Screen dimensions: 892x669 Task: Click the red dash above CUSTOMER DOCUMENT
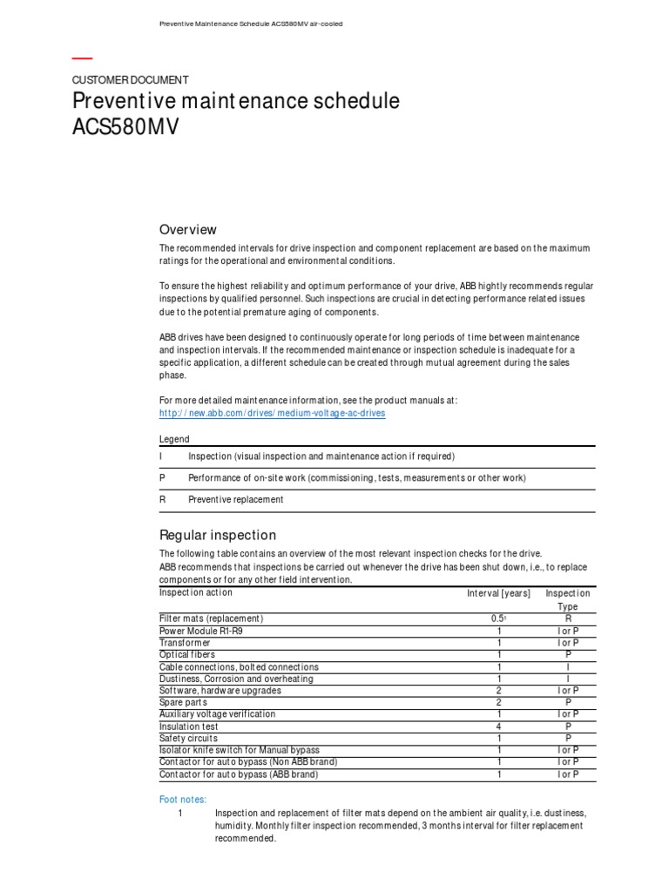point(82,59)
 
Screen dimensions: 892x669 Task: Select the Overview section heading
point(187,230)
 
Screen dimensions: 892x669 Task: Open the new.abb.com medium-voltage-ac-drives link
point(272,413)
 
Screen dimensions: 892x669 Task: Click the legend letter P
point(162,478)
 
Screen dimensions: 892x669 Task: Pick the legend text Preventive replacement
point(236,500)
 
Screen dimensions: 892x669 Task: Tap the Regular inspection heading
point(217,535)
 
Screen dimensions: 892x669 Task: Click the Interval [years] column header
point(498,593)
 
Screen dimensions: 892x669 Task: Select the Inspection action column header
point(196,592)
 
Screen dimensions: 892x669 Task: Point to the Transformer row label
point(185,643)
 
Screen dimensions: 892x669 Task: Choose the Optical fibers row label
point(187,654)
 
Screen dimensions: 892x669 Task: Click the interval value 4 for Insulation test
point(499,726)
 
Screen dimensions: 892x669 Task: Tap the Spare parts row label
point(182,702)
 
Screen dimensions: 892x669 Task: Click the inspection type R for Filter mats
point(567,618)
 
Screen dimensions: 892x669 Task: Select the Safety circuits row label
point(188,738)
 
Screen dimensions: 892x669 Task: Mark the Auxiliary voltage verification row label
point(217,714)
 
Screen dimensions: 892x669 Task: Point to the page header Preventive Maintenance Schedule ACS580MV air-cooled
point(250,24)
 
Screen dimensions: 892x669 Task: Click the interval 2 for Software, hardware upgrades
point(499,691)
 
